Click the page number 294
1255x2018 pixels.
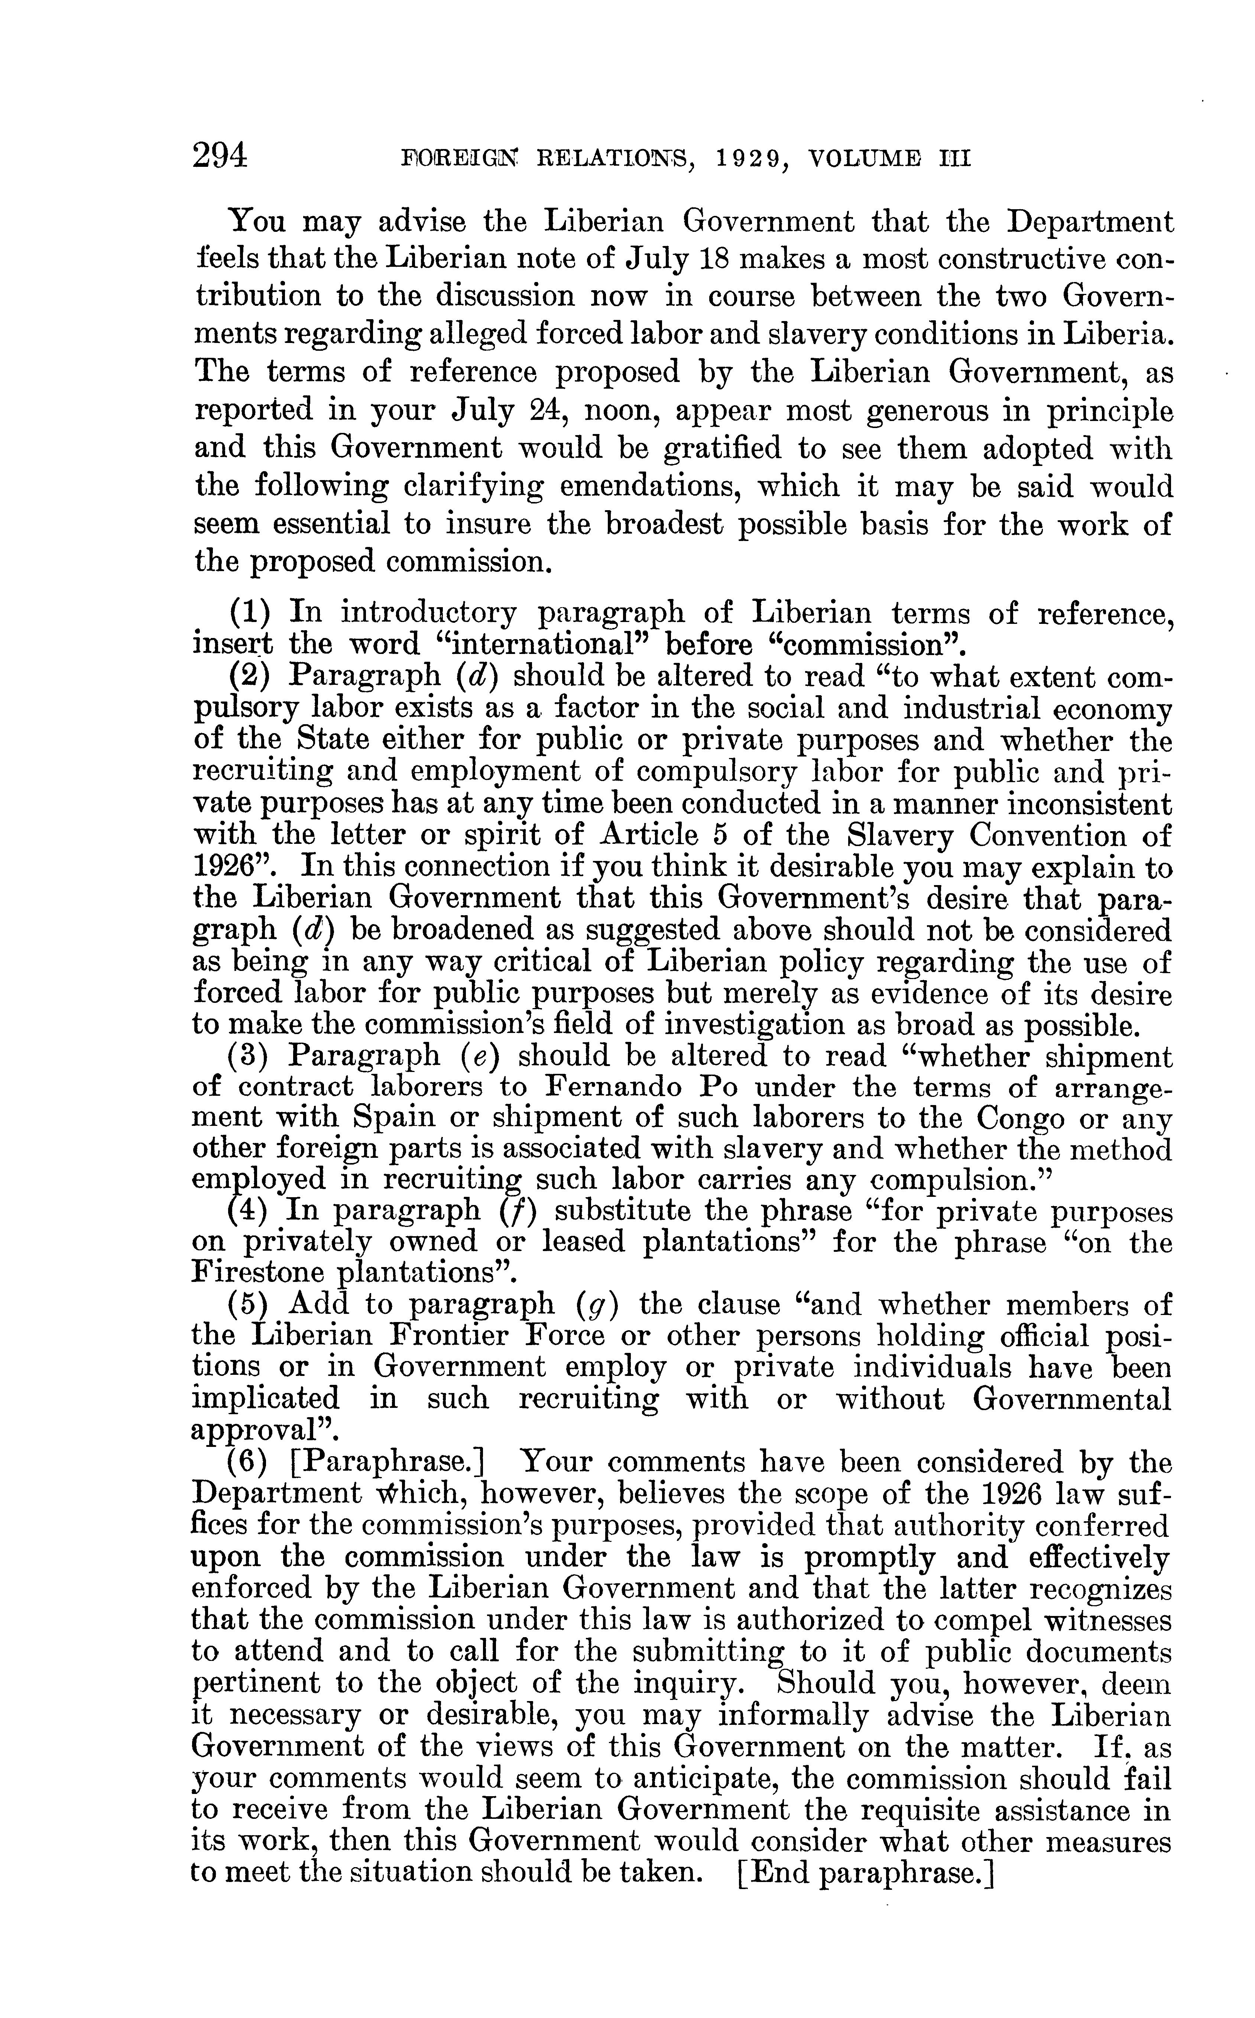tap(220, 155)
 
